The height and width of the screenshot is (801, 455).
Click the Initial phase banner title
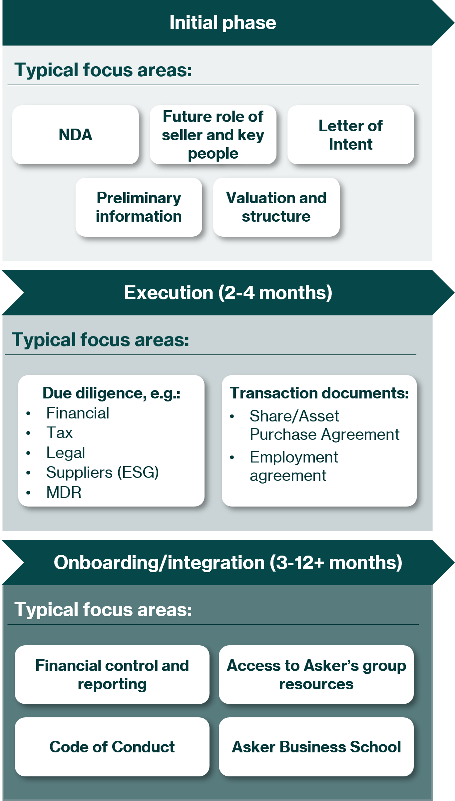[223, 23]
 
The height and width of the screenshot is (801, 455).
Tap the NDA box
[75, 135]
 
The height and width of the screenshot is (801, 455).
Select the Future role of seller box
[213, 135]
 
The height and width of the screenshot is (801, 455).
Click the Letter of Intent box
[351, 135]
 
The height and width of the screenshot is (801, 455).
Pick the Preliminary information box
[139, 207]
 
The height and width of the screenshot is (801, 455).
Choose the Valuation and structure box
[276, 207]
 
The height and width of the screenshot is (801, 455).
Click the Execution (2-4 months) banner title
[228, 293]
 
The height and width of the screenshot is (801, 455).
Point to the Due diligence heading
[112, 393]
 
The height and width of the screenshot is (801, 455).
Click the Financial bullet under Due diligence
[78, 413]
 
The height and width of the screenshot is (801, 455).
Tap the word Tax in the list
[59, 433]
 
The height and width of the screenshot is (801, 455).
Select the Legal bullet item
[66, 453]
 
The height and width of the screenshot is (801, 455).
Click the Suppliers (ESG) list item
[102, 472]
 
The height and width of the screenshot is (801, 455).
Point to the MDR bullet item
[64, 492]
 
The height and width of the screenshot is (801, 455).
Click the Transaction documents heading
[319, 393]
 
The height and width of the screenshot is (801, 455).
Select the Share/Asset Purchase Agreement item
[324, 425]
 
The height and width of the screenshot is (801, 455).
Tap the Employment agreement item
[294, 466]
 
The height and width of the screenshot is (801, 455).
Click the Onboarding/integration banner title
[228, 563]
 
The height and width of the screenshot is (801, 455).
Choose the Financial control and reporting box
[112, 675]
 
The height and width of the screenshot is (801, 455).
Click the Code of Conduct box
[112, 747]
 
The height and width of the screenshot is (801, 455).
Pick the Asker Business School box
[316, 747]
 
